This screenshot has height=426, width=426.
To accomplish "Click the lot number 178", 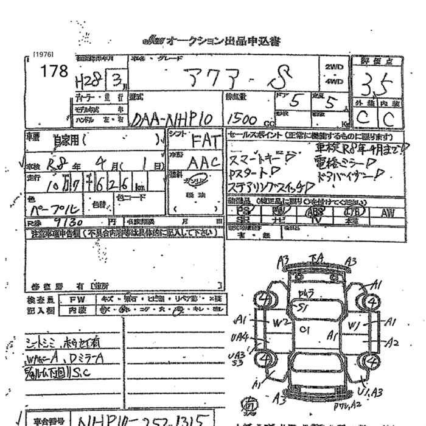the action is [53, 71].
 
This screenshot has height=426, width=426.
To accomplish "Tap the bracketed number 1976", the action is [43, 54].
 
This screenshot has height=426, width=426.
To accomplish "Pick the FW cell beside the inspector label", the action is [77, 299].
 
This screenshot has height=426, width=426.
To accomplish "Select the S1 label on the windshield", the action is [301, 308].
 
